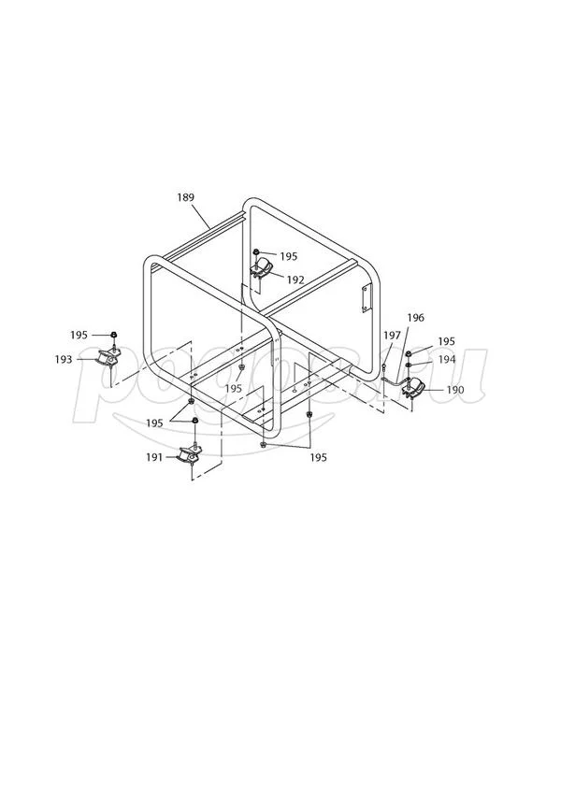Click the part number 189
(185, 197)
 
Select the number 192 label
(295, 280)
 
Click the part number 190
(454, 389)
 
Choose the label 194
(446, 359)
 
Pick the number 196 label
(416, 317)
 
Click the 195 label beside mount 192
(288, 255)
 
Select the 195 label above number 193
(79, 334)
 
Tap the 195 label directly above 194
(446, 341)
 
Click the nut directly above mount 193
(113, 334)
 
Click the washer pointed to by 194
(410, 362)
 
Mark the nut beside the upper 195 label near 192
(256, 253)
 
